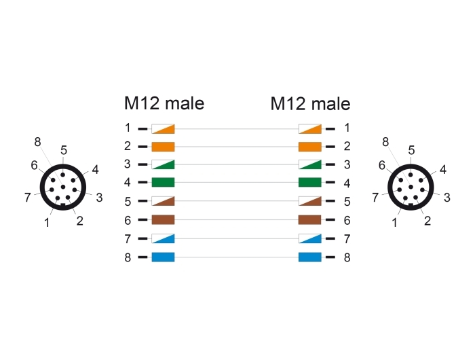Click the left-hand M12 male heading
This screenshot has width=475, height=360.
[164, 103]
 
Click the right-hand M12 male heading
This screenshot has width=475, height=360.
[311, 104]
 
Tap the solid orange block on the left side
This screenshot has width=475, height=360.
[163, 147]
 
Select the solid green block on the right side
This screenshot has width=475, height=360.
[310, 182]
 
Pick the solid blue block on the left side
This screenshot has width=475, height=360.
[163, 257]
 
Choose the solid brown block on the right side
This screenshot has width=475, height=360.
[310, 220]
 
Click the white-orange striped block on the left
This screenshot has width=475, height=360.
[163, 129]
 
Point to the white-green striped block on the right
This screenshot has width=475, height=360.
[310, 164]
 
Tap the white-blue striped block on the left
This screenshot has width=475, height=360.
[163, 238]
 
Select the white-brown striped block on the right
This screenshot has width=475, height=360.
[310, 201]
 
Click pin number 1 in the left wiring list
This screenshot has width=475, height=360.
[128, 128]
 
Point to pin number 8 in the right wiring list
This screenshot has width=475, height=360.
[347, 257]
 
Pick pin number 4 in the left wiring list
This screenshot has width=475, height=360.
[128, 182]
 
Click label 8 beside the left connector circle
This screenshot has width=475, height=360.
[37, 142]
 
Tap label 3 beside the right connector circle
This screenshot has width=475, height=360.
[446, 198]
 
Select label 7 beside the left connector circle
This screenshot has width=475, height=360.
[28, 198]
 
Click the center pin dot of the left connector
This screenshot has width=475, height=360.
[63, 187]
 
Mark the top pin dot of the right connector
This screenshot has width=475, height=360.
[411, 175]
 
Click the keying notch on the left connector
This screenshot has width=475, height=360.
[62, 206]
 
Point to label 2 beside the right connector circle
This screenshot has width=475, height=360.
[427, 221]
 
